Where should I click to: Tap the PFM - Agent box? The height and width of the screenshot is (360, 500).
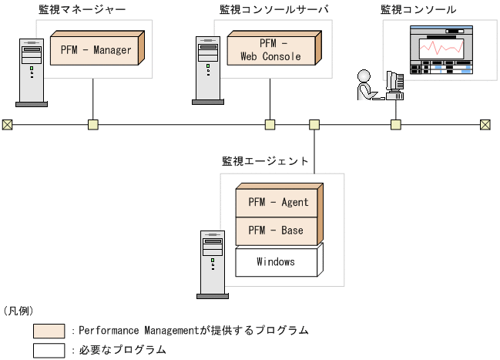point(278,203)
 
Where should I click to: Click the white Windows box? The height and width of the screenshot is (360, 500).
point(276,262)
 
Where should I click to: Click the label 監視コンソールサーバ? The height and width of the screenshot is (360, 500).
point(263,10)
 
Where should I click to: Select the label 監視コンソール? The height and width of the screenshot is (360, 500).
point(418,10)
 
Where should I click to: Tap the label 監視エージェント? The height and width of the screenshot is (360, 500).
point(265,161)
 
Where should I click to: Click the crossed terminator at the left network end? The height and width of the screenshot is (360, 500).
point(8,124)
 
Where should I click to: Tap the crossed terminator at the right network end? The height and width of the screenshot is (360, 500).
point(485,124)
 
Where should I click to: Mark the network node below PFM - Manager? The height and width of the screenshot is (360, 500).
point(92,124)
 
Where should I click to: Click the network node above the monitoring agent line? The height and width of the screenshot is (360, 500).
point(314,124)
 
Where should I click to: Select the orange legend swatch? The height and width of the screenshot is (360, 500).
point(49,331)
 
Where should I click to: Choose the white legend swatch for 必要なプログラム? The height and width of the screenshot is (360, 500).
point(49,349)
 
